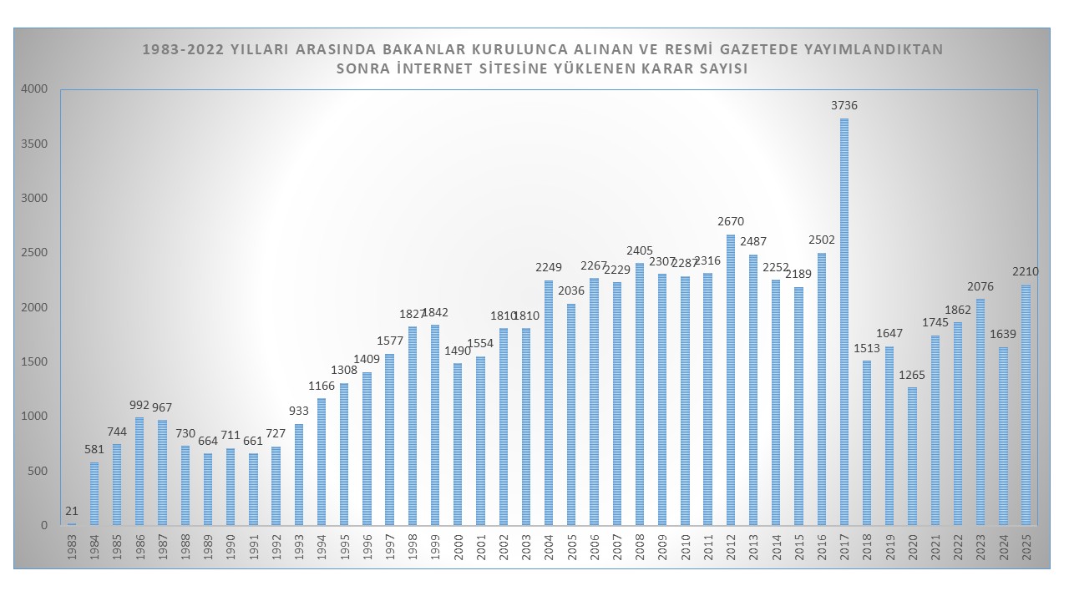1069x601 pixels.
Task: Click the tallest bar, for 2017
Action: tap(844, 321)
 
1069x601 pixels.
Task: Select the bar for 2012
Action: tap(731, 380)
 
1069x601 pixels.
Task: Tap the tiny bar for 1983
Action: tap(72, 524)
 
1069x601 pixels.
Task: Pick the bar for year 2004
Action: tap(549, 403)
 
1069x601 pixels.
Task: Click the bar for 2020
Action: tap(912, 457)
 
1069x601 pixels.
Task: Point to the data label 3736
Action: tap(844, 106)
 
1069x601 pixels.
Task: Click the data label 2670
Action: tap(731, 222)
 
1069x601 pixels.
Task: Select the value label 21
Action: tap(72, 511)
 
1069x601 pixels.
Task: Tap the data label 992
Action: tap(140, 405)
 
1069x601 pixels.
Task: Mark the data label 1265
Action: tap(912, 375)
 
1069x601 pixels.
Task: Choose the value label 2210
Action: tap(1026, 272)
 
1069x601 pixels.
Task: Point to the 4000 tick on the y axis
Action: tap(35, 89)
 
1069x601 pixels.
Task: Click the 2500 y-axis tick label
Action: tap(35, 253)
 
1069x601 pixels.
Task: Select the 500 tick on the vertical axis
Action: tap(38, 472)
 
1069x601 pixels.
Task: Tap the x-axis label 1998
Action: tap(413, 548)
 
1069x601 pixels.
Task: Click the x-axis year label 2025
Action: tap(1026, 548)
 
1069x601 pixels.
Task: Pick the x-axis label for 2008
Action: tap(640, 548)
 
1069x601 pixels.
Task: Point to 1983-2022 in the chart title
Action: tap(182, 49)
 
